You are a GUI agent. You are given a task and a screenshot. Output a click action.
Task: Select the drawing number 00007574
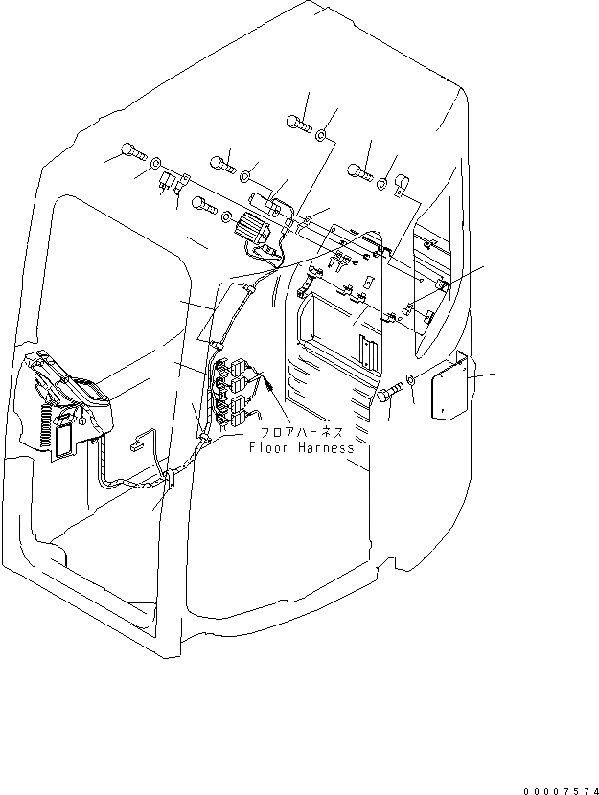tap(560, 791)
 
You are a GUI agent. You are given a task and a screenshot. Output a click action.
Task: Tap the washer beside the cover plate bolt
tap(410, 379)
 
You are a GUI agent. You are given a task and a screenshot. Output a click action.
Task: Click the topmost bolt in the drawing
tap(298, 124)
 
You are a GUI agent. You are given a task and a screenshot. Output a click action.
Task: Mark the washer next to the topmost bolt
tap(327, 137)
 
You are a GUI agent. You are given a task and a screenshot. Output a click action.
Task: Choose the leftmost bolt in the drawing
tap(132, 150)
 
